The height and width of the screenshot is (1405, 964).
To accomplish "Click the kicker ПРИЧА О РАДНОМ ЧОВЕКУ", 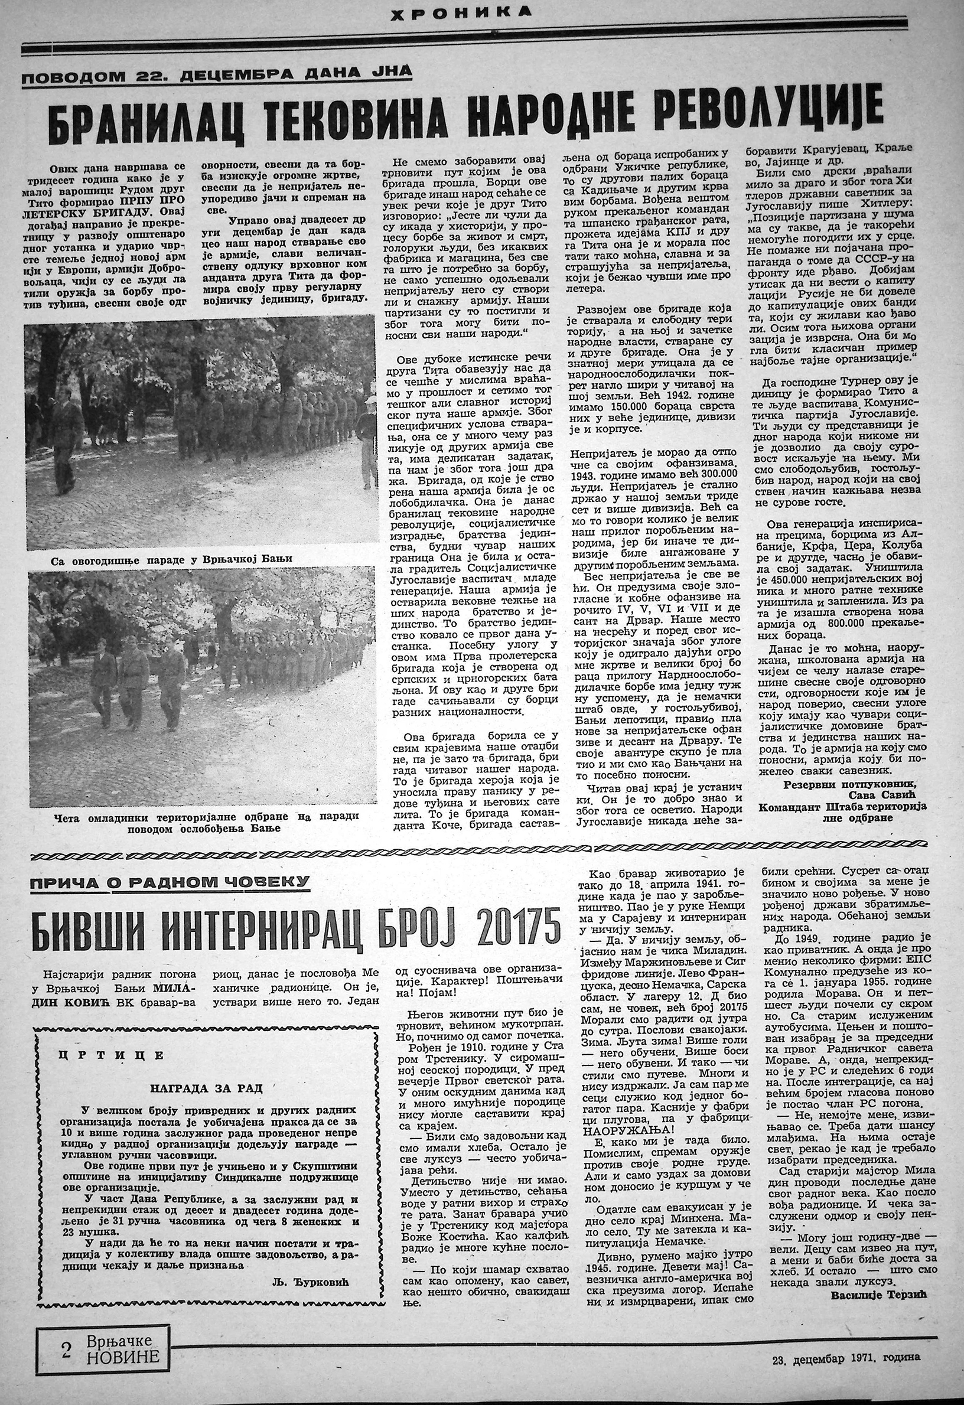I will click(171, 884).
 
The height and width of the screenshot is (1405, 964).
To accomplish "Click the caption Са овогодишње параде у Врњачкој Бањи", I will click(172, 559).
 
